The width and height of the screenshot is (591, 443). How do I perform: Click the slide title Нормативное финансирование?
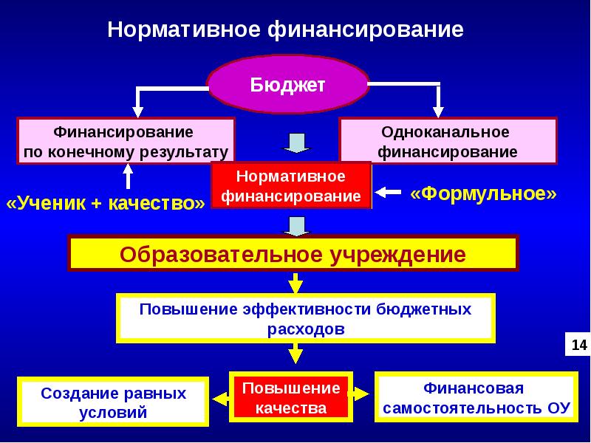285,30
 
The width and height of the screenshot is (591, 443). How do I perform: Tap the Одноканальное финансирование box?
448,142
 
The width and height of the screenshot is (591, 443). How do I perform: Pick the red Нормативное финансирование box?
291,187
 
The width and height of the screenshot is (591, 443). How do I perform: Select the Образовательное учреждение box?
293,255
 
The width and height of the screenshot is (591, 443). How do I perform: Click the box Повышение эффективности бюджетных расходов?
306,318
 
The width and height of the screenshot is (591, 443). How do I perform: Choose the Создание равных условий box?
113,402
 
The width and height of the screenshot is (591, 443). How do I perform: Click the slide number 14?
578,344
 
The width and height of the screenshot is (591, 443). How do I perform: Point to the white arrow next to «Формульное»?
389,193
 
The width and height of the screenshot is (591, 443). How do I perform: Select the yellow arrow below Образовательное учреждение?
295,283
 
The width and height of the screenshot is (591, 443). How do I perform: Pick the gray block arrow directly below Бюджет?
296,142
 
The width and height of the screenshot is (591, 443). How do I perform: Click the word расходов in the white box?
306,329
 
